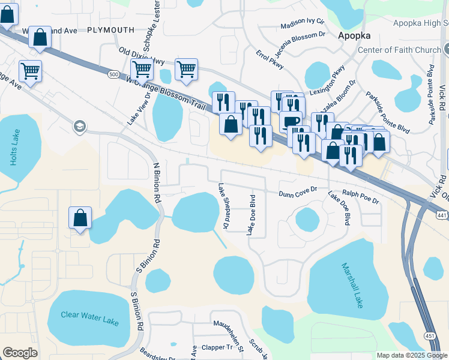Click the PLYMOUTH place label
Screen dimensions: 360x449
110,30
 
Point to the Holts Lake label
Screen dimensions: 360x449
15,147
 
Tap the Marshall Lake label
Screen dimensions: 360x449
352,285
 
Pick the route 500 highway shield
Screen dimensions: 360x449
114,74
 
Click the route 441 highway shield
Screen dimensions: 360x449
441,214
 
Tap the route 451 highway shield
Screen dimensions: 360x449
430,335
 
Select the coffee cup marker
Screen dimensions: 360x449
291,122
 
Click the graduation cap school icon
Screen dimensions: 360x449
79,127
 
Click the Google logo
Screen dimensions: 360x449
20,353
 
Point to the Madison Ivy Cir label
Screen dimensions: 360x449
303,24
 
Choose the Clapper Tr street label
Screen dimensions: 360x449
217,347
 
